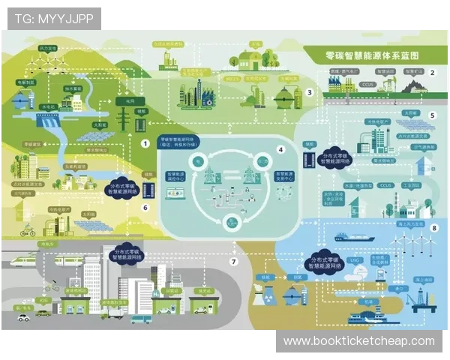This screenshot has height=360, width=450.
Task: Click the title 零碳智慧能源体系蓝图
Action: coord(367,55)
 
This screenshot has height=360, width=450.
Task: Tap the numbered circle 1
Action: coord(145,142)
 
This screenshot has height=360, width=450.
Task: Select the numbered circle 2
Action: coord(433,73)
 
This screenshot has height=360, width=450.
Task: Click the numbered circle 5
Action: coord(432,115)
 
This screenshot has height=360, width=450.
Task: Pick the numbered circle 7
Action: coord(233,262)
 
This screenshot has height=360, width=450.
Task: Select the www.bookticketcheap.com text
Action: coord(358,341)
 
